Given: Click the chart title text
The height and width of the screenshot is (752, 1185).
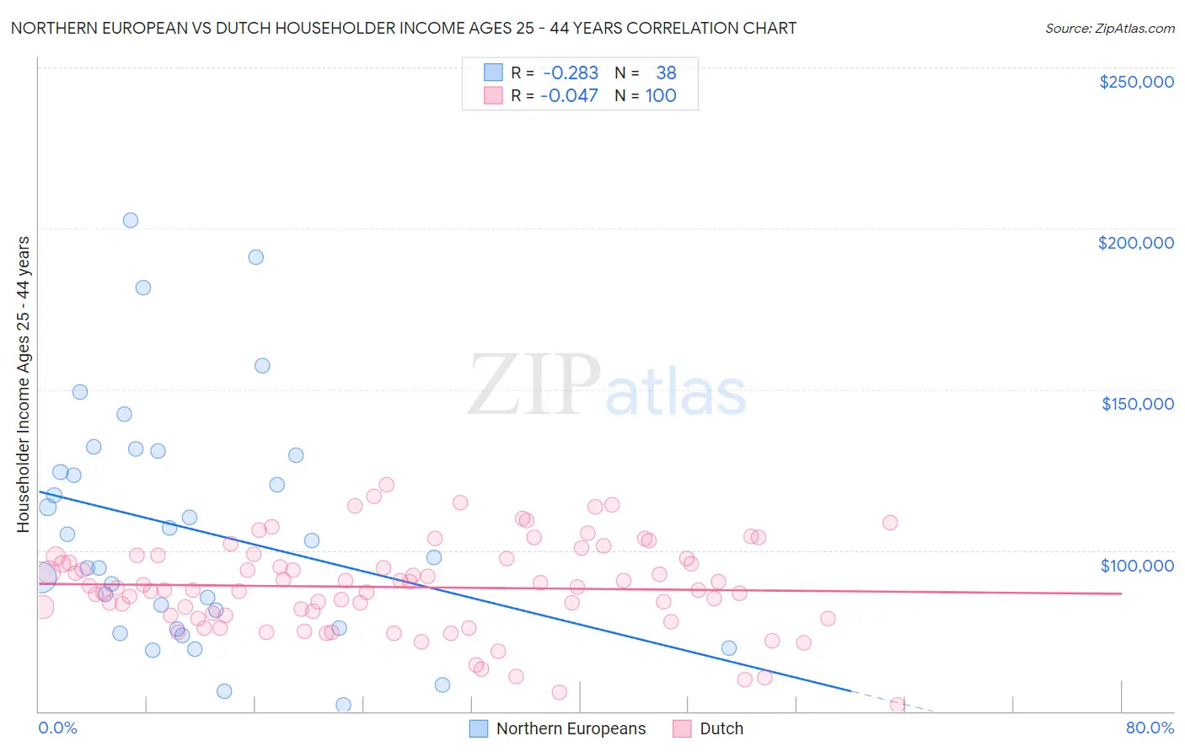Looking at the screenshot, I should click(403, 28).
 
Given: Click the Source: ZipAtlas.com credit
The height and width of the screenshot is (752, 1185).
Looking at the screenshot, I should click(1109, 28).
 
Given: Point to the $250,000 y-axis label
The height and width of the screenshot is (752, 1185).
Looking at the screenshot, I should click(1136, 82).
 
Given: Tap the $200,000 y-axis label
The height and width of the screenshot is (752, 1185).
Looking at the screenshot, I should click(1135, 243).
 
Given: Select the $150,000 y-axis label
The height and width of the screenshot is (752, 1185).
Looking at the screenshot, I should click(1137, 404).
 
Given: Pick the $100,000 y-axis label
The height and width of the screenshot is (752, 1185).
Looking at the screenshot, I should click(1137, 565).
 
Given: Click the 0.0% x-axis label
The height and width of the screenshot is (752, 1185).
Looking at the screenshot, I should click(57, 728).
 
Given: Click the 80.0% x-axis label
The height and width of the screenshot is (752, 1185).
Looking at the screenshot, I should click(1150, 728).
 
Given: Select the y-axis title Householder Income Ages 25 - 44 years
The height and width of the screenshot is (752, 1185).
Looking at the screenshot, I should click(23, 384).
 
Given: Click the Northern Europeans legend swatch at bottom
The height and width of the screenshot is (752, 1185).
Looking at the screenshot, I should click(479, 728).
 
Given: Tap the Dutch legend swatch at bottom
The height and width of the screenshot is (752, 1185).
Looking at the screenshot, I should click(682, 728).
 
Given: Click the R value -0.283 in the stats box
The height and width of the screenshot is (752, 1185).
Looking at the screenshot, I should click(571, 73).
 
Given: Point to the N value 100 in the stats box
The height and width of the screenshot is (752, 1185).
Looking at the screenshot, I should click(661, 96).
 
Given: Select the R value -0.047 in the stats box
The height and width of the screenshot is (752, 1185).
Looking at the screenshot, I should click(571, 96).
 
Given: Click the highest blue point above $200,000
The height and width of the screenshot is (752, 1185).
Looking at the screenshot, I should click(131, 220).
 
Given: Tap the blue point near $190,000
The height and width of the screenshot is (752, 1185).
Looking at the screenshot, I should click(256, 257).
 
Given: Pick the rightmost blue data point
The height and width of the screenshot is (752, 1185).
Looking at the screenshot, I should click(729, 648).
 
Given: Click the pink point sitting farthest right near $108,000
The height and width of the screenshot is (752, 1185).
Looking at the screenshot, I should click(890, 523).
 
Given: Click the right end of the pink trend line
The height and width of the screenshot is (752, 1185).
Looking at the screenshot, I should click(1121, 594).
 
